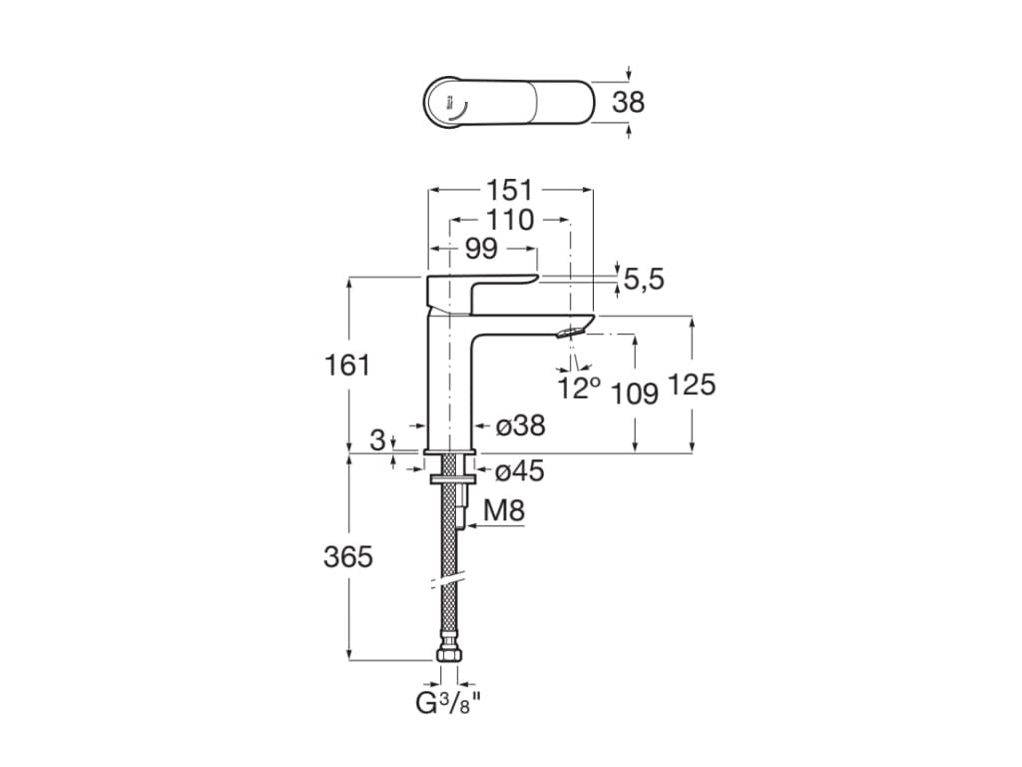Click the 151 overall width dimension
click(x=510, y=190)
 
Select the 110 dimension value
click(x=510, y=220)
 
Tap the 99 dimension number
click(x=481, y=250)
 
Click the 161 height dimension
click(x=347, y=366)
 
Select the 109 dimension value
click(x=635, y=393)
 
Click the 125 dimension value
click(x=693, y=384)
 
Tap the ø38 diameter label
click(x=520, y=426)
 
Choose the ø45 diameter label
click(x=520, y=471)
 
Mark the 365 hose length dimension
click(x=347, y=557)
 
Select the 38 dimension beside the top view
click(x=628, y=102)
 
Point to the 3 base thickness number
click(x=377, y=439)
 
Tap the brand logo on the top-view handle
click(x=452, y=103)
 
